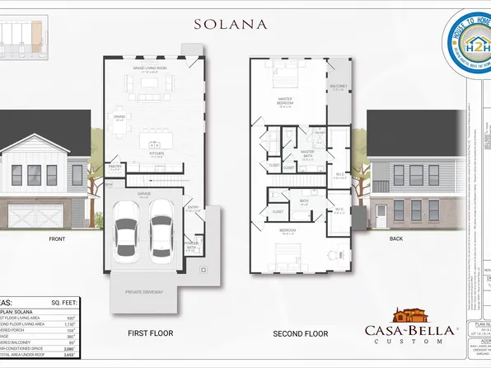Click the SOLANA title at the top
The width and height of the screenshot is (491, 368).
230,23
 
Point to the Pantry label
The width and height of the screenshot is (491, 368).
115,167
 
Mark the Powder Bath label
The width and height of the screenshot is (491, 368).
193,245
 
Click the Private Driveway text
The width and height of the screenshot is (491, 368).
145,292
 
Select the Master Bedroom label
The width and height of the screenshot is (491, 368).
286,103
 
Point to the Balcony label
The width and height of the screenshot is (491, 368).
339,87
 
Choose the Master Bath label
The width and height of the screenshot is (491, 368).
307,153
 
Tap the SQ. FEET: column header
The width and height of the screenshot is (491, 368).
67,303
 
